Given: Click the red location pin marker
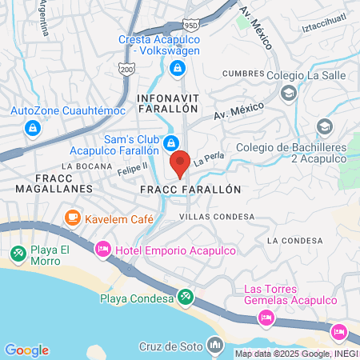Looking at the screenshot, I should (180, 162).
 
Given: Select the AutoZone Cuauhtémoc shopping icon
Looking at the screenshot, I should (32, 127).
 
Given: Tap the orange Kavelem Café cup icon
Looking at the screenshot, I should (72, 217).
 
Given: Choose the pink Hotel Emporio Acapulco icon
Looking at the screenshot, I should (102, 250).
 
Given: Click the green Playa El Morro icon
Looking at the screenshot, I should (17, 254).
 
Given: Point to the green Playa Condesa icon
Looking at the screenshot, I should (186, 298).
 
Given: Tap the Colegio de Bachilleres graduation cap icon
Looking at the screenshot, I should (324, 126).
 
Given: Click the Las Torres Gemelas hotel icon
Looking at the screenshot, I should (265, 318).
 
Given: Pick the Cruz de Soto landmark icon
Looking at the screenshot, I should (214, 345).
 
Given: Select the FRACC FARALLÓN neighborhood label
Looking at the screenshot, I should (190, 190).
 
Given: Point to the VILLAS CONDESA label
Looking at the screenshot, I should (217, 217).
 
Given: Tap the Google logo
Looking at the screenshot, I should (26, 350).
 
